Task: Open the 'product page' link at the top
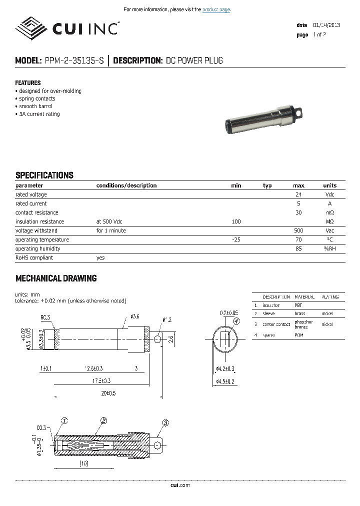(x=216, y=9)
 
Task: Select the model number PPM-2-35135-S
(x=74, y=61)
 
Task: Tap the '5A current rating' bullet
(x=39, y=114)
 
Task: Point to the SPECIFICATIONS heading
(x=44, y=175)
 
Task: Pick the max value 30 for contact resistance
(x=298, y=212)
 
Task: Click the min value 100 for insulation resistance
(x=236, y=221)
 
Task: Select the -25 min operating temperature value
(x=236, y=239)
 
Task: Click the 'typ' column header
(x=267, y=185)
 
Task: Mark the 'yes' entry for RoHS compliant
(x=100, y=257)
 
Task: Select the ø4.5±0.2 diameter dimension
(x=225, y=381)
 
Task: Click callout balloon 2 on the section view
(x=104, y=420)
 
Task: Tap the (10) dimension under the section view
(x=83, y=463)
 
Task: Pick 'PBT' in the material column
(x=298, y=305)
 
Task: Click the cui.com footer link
(x=180, y=485)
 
